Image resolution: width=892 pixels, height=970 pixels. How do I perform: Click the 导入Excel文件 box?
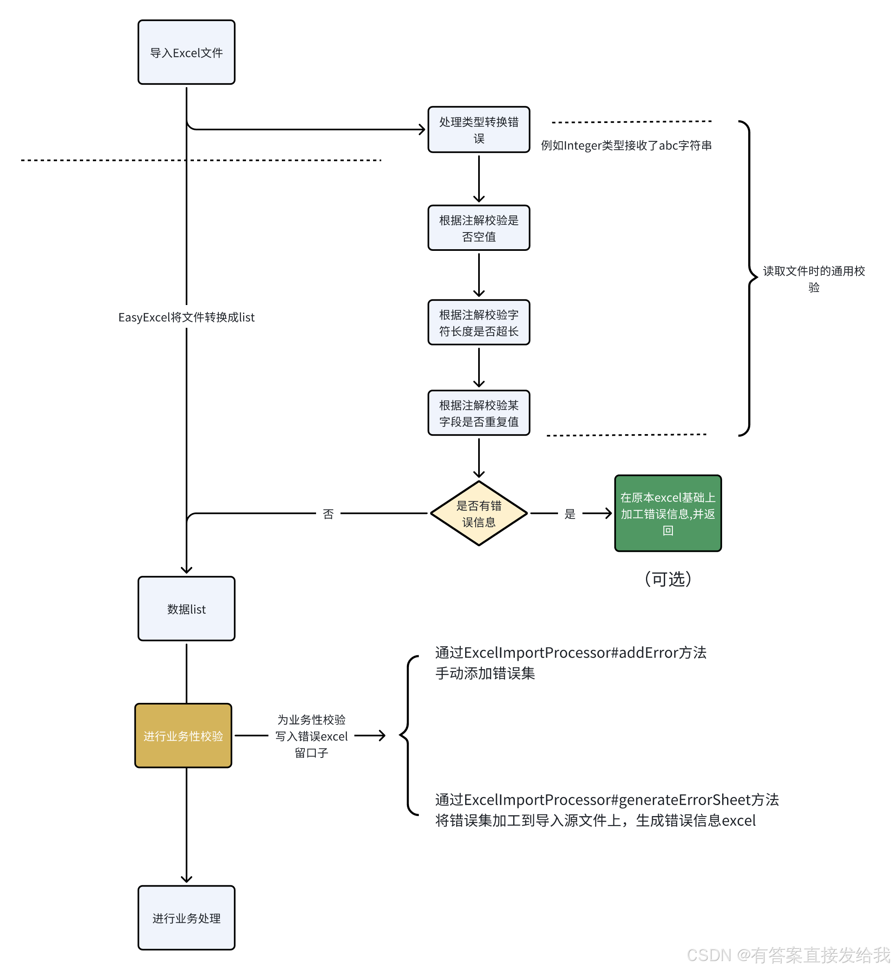pos(186,52)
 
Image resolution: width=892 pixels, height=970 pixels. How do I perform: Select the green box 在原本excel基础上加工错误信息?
pos(668,514)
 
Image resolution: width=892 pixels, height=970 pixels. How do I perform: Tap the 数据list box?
pos(186,608)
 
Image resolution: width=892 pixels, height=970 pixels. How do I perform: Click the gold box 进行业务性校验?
pos(183,735)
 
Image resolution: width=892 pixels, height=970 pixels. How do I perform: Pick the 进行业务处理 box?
pos(186,918)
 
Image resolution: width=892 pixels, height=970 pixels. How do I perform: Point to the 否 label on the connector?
pos(328,514)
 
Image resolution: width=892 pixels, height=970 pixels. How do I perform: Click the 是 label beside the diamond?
pos(570,514)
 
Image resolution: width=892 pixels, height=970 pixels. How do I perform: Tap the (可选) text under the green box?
pos(668,579)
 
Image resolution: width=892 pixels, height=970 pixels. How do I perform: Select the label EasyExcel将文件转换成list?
pos(186,317)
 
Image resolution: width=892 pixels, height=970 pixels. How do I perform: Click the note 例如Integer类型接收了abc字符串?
pos(626,145)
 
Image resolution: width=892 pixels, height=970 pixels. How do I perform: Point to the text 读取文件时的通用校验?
pos(813,279)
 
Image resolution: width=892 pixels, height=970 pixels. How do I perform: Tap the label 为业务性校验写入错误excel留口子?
pos(311,736)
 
